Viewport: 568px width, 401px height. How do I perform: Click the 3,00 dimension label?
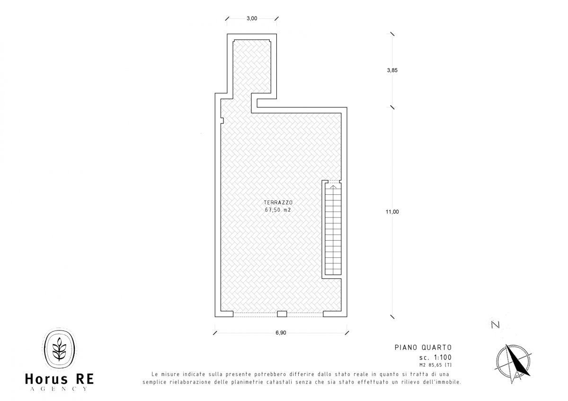coord(252,18)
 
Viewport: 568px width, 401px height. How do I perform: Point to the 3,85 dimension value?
coord(392,70)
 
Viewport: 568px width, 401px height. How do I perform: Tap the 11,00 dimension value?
coord(392,212)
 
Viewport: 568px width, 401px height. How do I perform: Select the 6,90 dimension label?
coord(281,332)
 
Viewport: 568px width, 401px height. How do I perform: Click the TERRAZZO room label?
coord(278,202)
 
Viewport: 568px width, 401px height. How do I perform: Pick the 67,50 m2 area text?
coord(278,210)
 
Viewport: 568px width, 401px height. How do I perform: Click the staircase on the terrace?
coord(333,229)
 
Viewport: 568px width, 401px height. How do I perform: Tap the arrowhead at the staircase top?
coord(333,187)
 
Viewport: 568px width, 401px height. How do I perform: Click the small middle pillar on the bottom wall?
coord(282,314)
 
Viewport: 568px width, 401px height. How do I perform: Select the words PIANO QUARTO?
coord(423,348)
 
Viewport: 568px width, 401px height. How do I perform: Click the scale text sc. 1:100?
coord(435,357)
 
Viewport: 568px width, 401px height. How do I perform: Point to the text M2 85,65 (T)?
coord(435,365)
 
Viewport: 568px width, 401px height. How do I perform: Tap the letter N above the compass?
coord(495,324)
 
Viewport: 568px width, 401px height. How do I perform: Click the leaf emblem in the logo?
coord(59,349)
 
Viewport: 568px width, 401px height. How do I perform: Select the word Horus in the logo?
coord(46,379)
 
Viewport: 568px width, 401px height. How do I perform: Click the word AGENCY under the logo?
coord(59,389)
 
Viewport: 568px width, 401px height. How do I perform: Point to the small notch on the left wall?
coord(222,121)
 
